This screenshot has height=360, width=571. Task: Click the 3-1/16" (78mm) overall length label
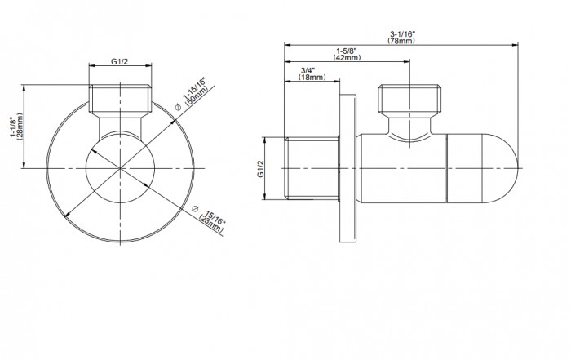click(401, 38)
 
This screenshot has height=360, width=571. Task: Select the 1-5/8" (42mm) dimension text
click(347, 54)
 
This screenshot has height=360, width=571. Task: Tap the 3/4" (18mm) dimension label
click(312, 73)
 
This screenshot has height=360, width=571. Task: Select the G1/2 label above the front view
click(120, 61)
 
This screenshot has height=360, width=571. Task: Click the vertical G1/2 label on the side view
click(260, 169)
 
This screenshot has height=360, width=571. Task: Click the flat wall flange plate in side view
click(347, 168)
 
